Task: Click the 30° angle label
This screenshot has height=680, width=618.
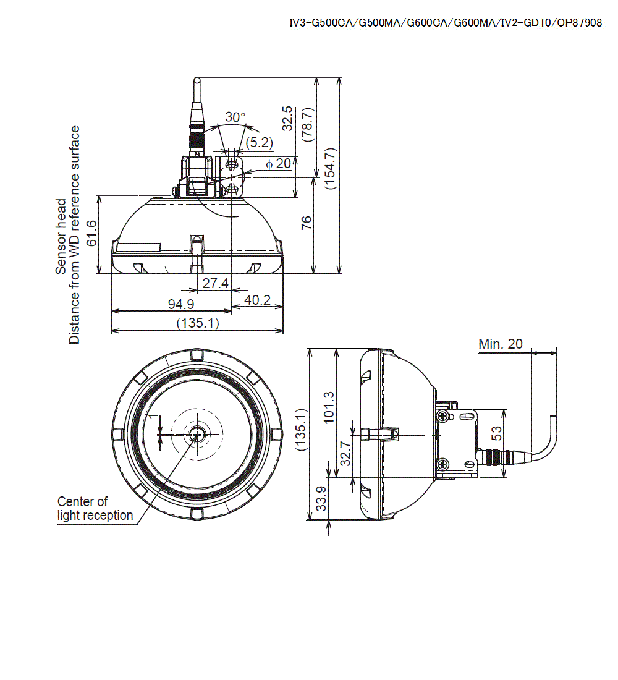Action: [235, 117]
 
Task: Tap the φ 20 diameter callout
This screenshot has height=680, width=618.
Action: [278, 164]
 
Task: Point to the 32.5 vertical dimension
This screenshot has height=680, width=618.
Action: [287, 118]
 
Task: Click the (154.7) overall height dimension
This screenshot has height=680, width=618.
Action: [330, 168]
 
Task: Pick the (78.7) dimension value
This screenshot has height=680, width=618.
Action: [307, 124]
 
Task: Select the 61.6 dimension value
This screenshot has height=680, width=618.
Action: [91, 233]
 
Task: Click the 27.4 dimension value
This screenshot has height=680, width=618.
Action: [216, 284]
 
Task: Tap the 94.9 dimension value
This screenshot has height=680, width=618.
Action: [182, 304]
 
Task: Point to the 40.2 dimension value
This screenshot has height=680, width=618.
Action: [258, 300]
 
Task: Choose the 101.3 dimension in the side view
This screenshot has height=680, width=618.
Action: [328, 409]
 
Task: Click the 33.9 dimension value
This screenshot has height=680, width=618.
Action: [321, 498]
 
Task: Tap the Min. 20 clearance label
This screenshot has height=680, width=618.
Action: [500, 344]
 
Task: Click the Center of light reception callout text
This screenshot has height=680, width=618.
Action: [95, 508]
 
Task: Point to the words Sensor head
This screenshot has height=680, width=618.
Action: [61, 236]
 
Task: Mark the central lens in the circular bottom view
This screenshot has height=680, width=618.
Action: [197, 435]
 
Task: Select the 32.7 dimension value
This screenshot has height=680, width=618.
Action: [345, 453]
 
